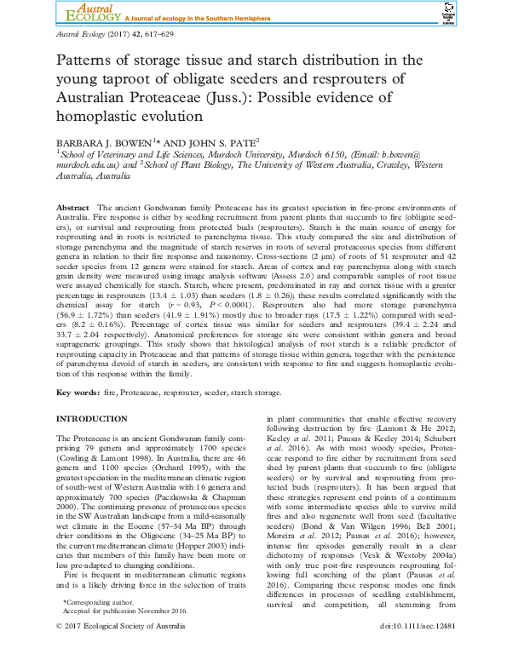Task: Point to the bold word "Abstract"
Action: click(72, 208)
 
